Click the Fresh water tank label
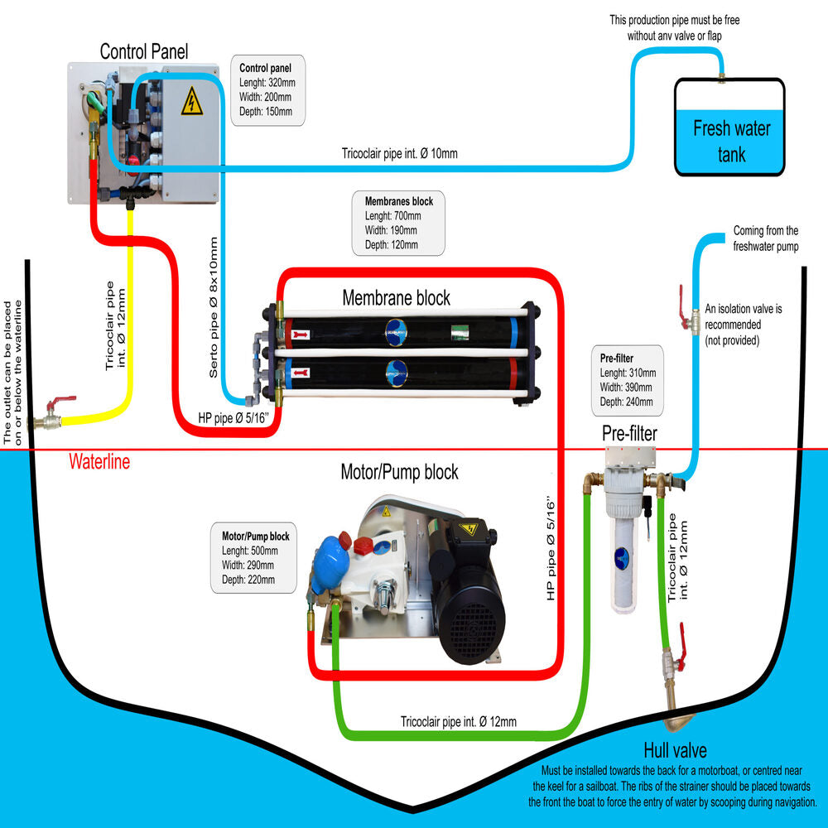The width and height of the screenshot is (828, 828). tap(731, 141)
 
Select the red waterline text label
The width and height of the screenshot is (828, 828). tap(99, 462)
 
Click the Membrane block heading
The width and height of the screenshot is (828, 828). tap(397, 297)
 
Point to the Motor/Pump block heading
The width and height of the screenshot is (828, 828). tap(399, 472)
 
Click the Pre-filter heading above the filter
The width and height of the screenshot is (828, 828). tap(629, 433)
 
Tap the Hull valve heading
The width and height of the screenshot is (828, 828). tap(675, 751)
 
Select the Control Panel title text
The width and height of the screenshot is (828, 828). tap(144, 51)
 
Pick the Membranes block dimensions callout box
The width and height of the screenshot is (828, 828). tap(398, 223)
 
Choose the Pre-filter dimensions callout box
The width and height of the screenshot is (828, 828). tap(627, 380)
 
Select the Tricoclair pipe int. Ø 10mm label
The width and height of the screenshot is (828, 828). tap(399, 153)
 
